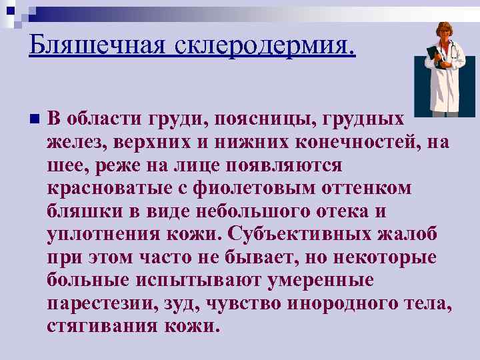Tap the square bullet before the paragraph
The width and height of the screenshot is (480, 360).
[34, 119]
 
